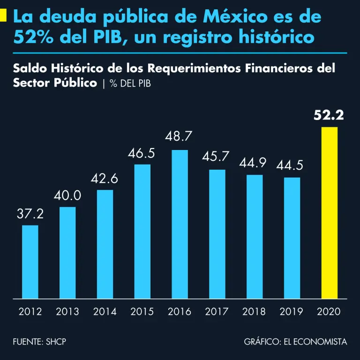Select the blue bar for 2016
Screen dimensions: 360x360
tap(180, 224)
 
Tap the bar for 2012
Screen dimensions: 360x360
tap(30, 262)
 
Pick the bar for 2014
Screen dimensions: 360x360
tap(105, 244)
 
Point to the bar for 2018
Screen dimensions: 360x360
tap(255, 236)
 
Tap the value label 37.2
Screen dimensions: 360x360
tap(30, 214)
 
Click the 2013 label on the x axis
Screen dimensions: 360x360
tap(67, 312)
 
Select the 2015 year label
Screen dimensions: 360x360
tap(142, 312)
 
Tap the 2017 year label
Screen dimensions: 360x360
tap(217, 312)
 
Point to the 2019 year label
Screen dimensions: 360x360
tap(292, 312)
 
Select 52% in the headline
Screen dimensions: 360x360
tap(35, 37)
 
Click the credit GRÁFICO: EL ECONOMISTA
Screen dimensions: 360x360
tap(295, 342)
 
